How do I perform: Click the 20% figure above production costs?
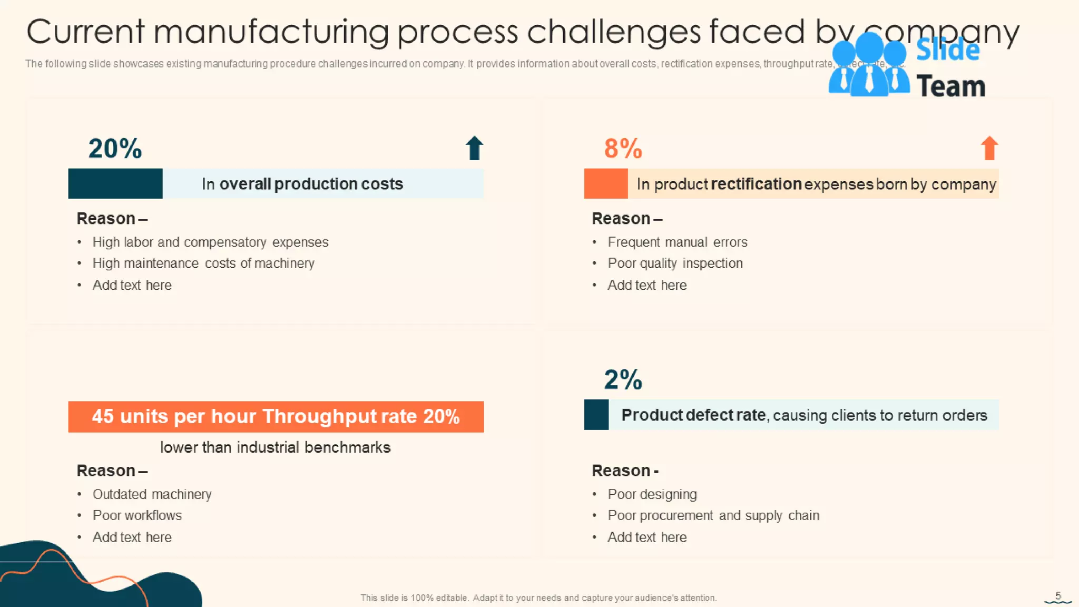pos(115,149)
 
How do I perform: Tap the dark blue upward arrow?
pos(474,148)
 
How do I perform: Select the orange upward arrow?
pos(989,148)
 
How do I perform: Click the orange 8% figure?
pos(623,149)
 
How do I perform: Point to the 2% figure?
pos(623,380)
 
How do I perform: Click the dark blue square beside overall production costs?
pos(115,183)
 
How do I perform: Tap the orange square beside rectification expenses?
pos(606,183)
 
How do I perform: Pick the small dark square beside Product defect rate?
pos(596,415)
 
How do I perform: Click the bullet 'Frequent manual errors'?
pos(677,242)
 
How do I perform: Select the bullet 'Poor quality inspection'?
pos(675,263)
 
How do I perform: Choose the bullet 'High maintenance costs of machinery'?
pos(203,263)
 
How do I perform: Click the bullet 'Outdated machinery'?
pos(152,494)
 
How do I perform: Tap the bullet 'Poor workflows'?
pos(137,515)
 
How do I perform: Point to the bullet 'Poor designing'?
pos(652,494)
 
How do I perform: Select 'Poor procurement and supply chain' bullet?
pos(713,515)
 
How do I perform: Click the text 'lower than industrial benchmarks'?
pos(275,447)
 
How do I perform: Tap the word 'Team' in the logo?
pos(950,86)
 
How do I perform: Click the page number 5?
pos(1058,596)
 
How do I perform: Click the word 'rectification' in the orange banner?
pos(756,184)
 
